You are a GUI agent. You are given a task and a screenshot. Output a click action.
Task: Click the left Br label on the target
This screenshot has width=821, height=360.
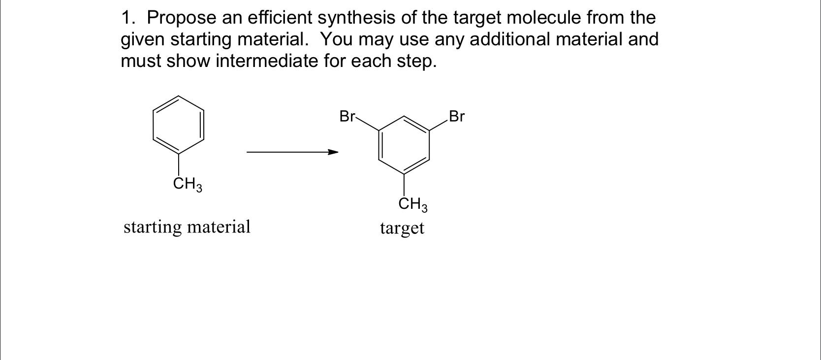coord(347,117)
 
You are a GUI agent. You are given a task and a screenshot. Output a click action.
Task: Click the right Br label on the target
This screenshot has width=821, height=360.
coord(457,117)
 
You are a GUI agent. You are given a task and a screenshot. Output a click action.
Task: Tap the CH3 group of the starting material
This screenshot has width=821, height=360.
coord(188,185)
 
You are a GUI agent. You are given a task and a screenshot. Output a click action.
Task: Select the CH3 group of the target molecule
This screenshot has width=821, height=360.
coord(413,204)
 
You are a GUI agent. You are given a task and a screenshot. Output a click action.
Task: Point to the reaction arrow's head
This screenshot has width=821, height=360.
coord(334,152)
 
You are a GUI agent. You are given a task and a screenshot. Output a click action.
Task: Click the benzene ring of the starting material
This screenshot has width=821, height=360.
coord(179,125)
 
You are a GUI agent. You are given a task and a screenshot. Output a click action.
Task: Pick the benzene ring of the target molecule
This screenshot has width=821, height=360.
coord(404,145)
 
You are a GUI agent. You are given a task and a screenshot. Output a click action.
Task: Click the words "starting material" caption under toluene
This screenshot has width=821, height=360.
coord(187,227)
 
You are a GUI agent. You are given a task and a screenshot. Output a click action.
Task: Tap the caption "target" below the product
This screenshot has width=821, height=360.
coord(402,228)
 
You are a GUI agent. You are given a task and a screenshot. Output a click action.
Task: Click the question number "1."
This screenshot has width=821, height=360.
coord(129,18)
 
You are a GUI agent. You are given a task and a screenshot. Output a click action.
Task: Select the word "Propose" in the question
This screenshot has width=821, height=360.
coord(182,18)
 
